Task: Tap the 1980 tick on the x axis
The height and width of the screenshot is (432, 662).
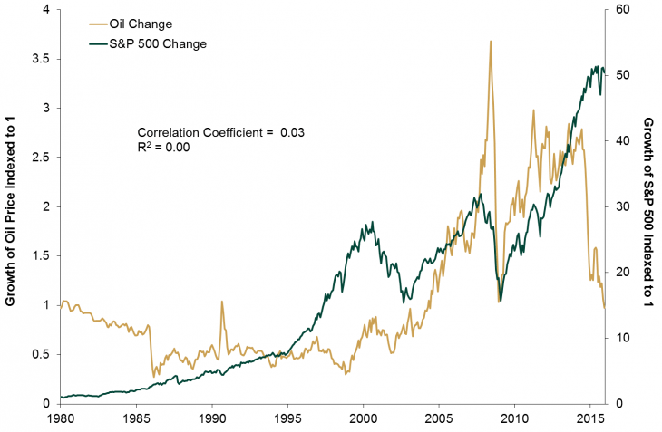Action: pyautogui.click(x=60, y=419)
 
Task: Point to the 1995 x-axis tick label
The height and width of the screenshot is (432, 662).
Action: pyautogui.click(x=287, y=419)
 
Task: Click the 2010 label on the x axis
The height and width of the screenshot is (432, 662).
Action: pyautogui.click(x=514, y=419)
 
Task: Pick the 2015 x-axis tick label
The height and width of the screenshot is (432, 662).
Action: pyautogui.click(x=590, y=419)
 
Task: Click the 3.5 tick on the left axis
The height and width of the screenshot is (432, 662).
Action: pyautogui.click(x=42, y=59)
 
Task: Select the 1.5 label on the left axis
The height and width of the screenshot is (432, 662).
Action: pyautogui.click(x=42, y=256)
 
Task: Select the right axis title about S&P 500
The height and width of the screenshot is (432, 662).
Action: pyautogui.click(x=647, y=206)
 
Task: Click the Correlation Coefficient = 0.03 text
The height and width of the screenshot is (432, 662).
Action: pyautogui.click(x=220, y=132)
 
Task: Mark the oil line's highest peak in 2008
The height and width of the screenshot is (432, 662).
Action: pyautogui.click(x=491, y=42)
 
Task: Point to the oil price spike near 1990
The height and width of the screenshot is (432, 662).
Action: pyautogui.click(x=221, y=302)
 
